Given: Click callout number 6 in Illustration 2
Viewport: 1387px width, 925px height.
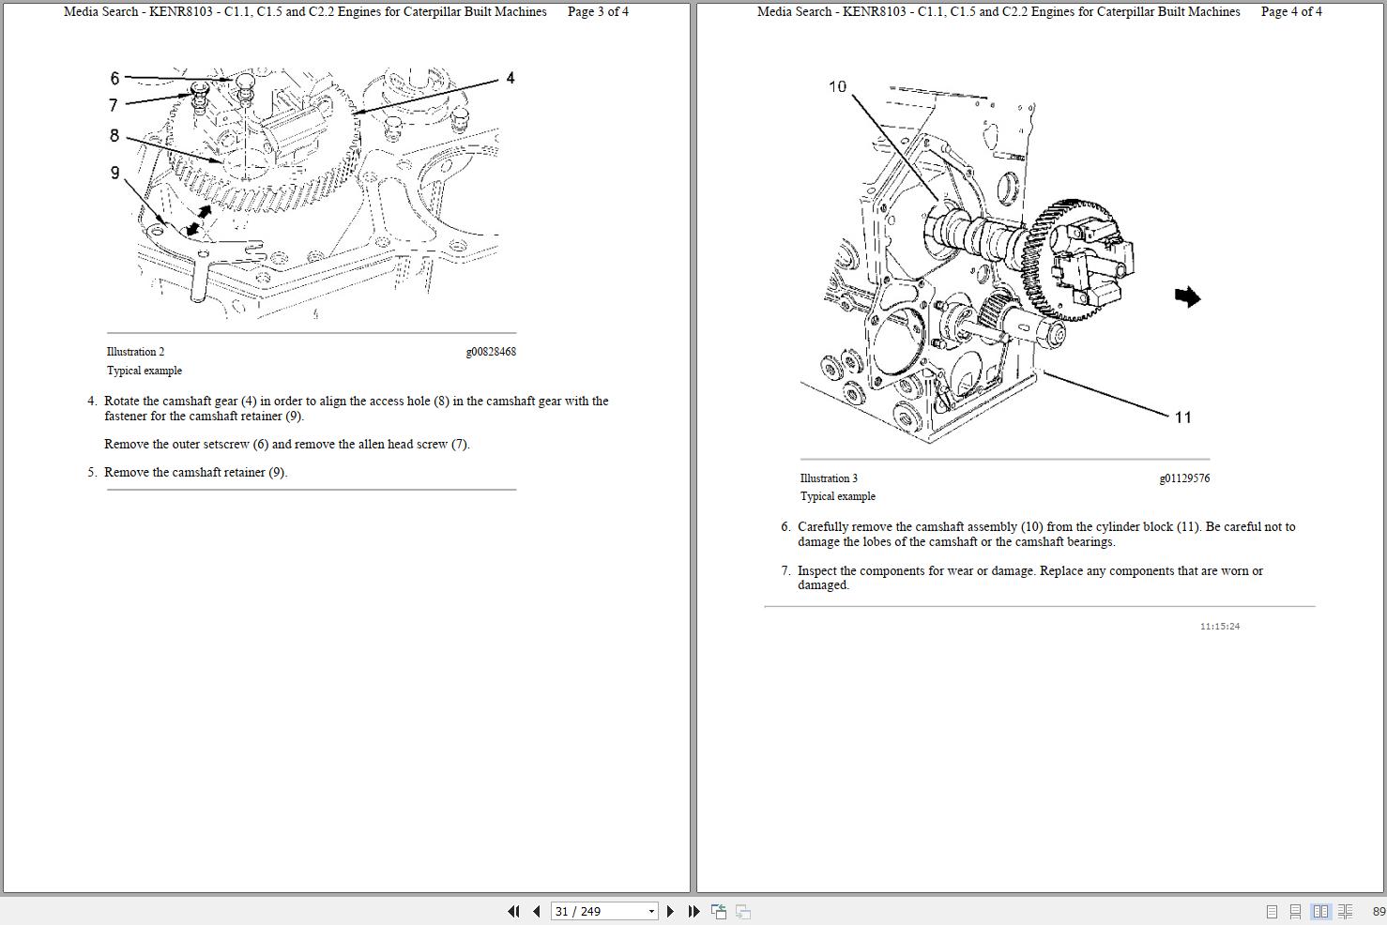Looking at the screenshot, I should pyautogui.click(x=114, y=78).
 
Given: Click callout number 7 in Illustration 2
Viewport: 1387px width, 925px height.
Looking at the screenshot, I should pyautogui.click(x=114, y=105).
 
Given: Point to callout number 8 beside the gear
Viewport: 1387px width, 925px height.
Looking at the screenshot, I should pyautogui.click(x=114, y=136).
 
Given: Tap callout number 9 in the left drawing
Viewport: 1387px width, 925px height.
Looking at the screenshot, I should pyautogui.click(x=115, y=173).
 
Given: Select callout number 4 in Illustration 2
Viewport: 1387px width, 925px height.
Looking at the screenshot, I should pyautogui.click(x=510, y=78).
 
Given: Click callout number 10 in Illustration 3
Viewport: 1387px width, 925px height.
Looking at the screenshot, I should pyautogui.click(x=837, y=86).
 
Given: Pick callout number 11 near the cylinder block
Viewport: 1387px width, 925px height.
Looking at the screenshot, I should pyautogui.click(x=1182, y=417).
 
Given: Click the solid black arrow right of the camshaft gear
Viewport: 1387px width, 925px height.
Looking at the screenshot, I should pyautogui.click(x=1187, y=296).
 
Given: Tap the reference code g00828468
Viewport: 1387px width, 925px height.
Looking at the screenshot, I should pyautogui.click(x=491, y=352).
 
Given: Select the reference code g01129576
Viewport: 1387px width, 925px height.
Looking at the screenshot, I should pyautogui.click(x=1184, y=478).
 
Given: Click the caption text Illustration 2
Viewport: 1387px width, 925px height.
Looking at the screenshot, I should pyautogui.click(x=135, y=352).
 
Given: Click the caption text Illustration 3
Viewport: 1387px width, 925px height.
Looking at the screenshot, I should pyautogui.click(x=829, y=478).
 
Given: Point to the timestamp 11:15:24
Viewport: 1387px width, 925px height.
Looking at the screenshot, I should pyautogui.click(x=1219, y=626).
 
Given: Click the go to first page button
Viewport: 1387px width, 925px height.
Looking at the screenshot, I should pyautogui.click(x=513, y=911).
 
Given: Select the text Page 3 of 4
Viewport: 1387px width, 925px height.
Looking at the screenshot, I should pyautogui.click(x=598, y=12).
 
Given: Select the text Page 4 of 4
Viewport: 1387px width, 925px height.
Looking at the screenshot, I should pyautogui.click(x=1291, y=12).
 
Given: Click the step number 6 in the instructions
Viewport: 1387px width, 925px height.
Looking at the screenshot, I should pyautogui.click(x=785, y=527).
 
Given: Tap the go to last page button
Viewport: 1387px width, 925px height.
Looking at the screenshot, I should pyautogui.click(x=693, y=911).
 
